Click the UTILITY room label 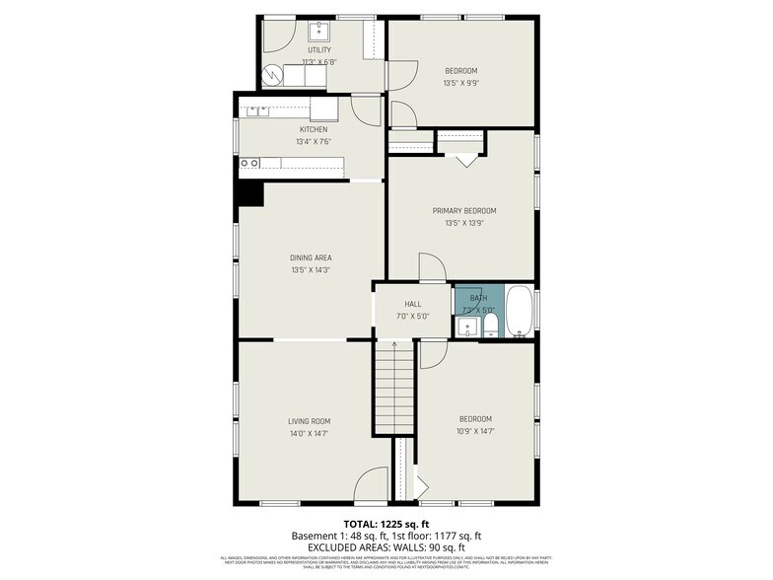point(318,49)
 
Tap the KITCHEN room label point(314,129)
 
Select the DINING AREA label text point(310,257)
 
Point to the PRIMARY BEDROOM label point(463,210)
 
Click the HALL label point(412,304)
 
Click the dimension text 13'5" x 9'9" point(460,83)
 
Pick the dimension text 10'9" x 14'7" point(474,431)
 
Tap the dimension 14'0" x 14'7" point(309,432)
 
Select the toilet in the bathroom point(490,326)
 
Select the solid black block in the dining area point(249,193)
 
